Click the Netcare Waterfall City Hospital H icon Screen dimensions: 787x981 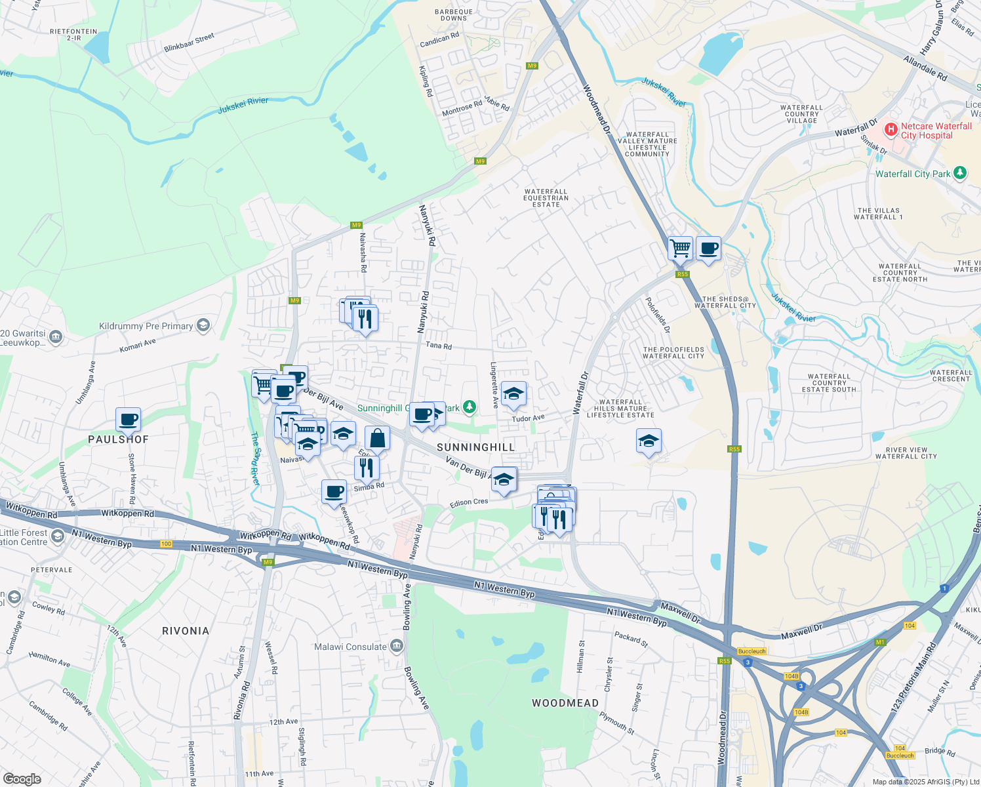point(891,130)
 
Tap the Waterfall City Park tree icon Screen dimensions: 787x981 point(960,173)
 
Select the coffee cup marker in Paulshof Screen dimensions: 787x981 point(129,419)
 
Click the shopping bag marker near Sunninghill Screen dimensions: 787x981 point(377,437)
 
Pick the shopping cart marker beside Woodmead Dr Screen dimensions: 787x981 point(681,249)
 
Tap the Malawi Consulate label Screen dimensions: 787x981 point(351,647)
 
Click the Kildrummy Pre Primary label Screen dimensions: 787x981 point(146,326)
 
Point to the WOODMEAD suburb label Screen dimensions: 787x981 point(565,703)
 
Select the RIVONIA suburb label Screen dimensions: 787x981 point(186,631)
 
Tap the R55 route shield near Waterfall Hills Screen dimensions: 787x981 point(734,449)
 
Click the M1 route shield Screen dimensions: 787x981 point(879,642)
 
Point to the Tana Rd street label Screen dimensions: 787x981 point(439,346)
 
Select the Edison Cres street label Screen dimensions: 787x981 point(469,502)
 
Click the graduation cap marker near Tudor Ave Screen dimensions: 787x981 point(513,394)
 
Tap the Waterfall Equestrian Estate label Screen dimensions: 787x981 point(546,198)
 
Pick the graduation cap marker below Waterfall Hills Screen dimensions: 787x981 point(649,441)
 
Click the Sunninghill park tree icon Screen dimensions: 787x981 point(469,407)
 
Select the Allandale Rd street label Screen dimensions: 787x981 point(925,68)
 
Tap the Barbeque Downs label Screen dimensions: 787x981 point(454,15)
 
